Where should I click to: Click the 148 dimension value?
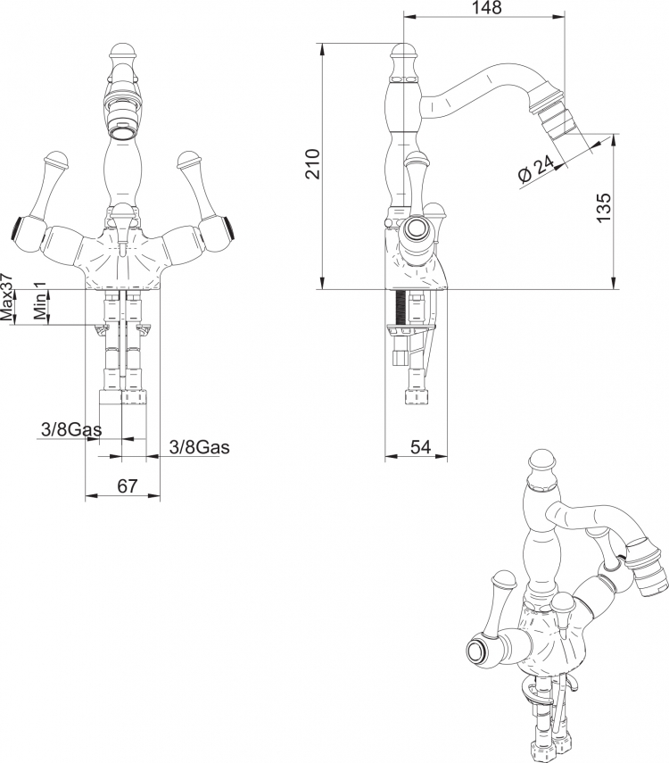(486, 8)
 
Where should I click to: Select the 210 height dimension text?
(313, 164)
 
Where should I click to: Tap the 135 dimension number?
(604, 208)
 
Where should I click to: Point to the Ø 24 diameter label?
(536, 169)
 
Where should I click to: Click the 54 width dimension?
(420, 447)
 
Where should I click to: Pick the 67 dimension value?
(128, 485)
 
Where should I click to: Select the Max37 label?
(7, 297)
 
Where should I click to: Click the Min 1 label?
(40, 300)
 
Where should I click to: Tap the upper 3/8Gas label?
(71, 429)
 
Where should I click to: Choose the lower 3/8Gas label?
(200, 447)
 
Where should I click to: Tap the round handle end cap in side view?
(417, 228)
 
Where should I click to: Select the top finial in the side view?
(403, 51)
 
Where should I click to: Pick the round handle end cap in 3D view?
(476, 651)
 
